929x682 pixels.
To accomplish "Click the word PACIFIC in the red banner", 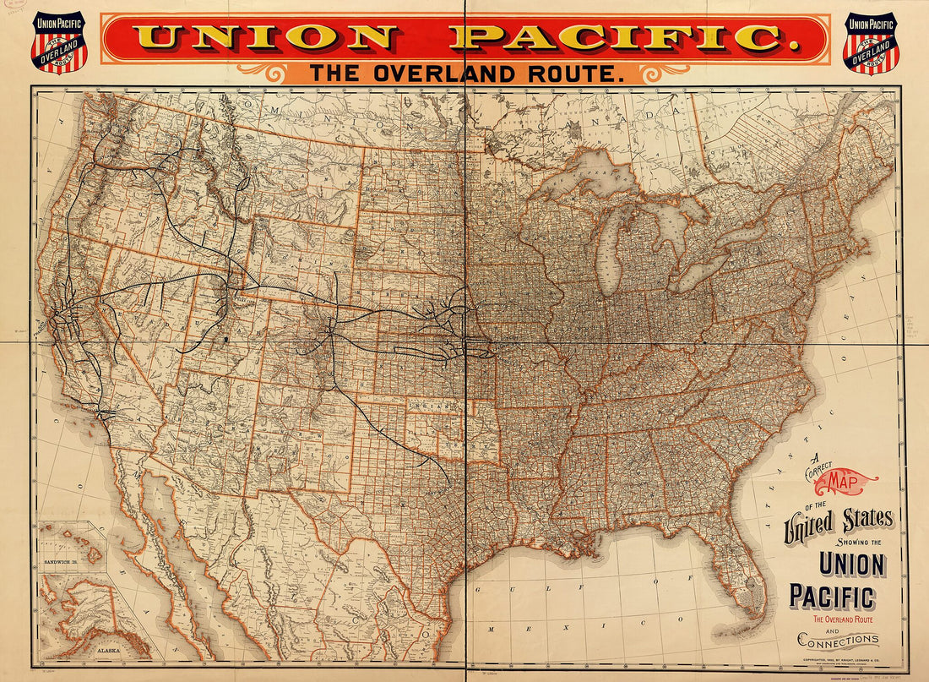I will click(x=616, y=37).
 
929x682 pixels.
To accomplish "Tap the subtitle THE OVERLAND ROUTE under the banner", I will click(x=465, y=74).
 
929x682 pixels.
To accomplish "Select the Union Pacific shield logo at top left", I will click(x=58, y=42).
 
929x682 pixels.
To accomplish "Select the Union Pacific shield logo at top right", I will click(x=871, y=42).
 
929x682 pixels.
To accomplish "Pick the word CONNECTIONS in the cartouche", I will click(x=839, y=640).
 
